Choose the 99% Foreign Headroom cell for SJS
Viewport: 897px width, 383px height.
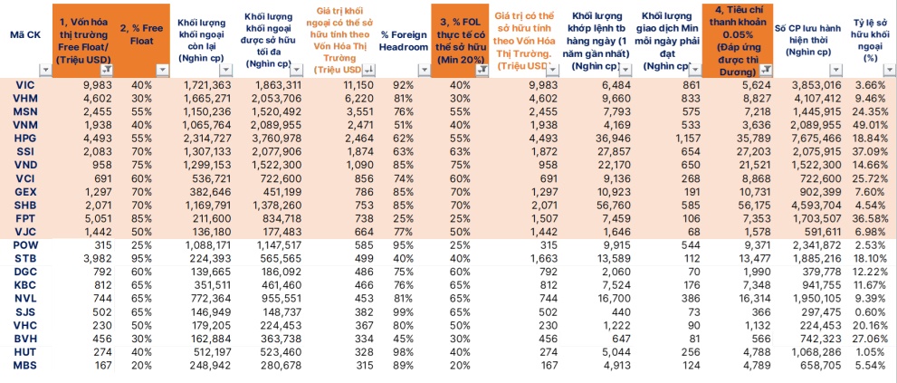coord(404,311)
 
